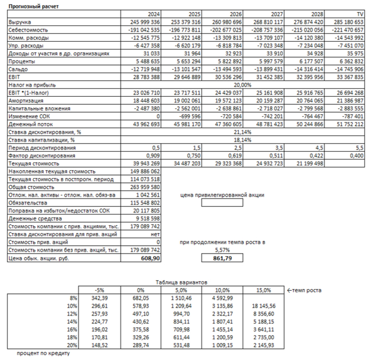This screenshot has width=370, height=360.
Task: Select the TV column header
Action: coord(360,14)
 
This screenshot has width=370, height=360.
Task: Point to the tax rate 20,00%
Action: coord(243,85)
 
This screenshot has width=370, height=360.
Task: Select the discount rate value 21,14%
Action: coord(243,132)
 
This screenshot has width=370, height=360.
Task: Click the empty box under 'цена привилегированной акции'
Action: coord(222,202)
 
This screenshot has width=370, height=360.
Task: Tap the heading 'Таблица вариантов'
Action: coord(178,282)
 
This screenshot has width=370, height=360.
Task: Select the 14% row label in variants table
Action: coord(73,322)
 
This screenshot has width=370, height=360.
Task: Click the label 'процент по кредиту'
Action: coord(43,353)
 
